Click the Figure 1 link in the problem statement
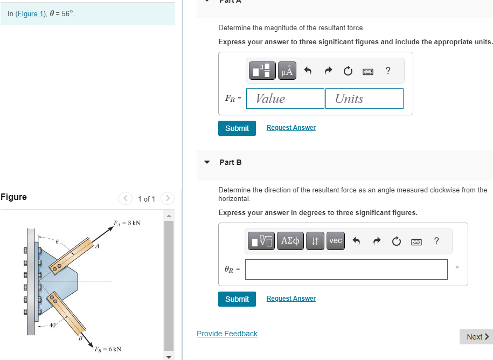[x=31, y=14]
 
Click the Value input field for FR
[x=285, y=99]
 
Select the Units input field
[x=364, y=99]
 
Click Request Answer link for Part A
[x=291, y=128]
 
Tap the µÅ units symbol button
[x=287, y=71]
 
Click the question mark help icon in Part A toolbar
[x=388, y=71]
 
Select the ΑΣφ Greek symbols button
[x=291, y=241]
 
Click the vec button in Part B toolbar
[x=335, y=241]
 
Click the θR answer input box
[x=346, y=269]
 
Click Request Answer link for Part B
[x=291, y=299]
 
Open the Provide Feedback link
[x=227, y=334]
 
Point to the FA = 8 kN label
[x=127, y=223]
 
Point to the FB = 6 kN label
[x=108, y=349]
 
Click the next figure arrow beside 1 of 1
[x=168, y=199]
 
